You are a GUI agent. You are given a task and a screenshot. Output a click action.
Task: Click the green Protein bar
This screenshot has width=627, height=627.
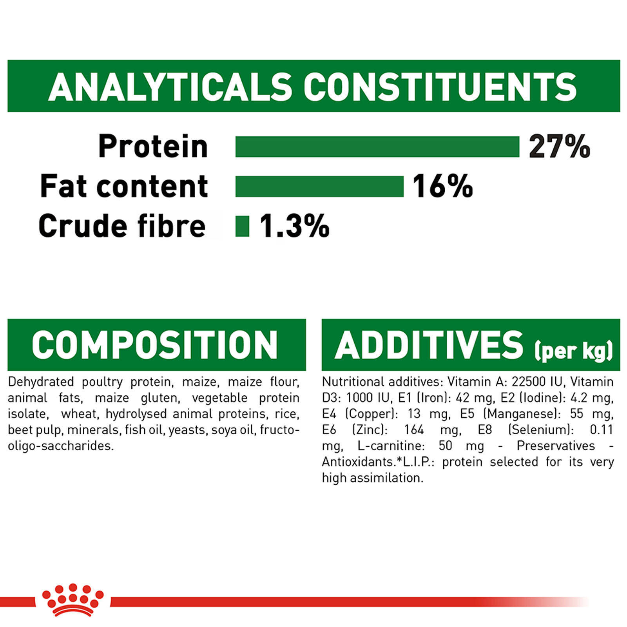(377, 147)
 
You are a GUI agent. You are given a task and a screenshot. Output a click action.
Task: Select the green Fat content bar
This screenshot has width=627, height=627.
(319, 186)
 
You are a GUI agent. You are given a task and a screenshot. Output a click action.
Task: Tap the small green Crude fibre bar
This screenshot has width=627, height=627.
(242, 226)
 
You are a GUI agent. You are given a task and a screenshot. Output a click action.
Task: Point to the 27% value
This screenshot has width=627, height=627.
(559, 147)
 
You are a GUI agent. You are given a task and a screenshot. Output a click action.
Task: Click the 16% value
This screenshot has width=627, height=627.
(443, 186)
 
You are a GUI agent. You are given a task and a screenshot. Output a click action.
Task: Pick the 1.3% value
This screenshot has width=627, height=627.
(294, 226)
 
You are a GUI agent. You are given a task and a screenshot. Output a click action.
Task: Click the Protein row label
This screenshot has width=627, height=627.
(153, 147)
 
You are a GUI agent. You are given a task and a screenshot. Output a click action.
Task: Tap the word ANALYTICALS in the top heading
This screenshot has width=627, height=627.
(170, 87)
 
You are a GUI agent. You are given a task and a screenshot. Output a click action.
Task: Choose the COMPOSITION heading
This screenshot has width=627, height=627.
(155, 345)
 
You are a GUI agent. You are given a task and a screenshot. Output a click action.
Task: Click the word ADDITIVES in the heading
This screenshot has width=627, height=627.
(429, 345)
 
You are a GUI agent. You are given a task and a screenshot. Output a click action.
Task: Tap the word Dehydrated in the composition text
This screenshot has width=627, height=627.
(41, 382)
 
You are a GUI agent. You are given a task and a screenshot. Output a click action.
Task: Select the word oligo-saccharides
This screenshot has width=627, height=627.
(61, 446)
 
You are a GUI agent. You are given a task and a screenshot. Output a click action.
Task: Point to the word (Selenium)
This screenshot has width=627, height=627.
(541, 430)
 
